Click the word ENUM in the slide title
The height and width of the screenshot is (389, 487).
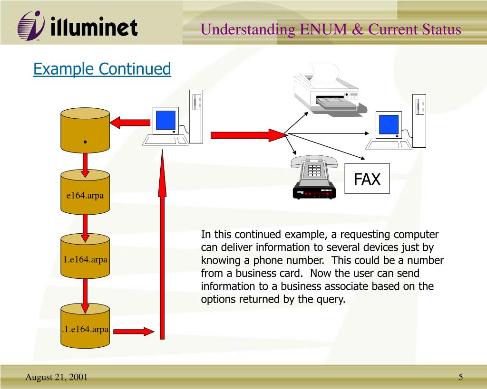coord(318,29)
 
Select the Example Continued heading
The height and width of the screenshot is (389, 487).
coord(102,69)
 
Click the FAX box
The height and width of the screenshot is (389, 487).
coord(367,179)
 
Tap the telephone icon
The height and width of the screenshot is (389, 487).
coord(314,178)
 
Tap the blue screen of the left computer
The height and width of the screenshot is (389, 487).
coord(166,120)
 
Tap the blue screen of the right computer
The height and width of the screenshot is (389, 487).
coord(389,124)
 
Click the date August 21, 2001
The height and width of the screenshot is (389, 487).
coord(56,377)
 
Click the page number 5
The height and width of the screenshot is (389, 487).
coord(460,377)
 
